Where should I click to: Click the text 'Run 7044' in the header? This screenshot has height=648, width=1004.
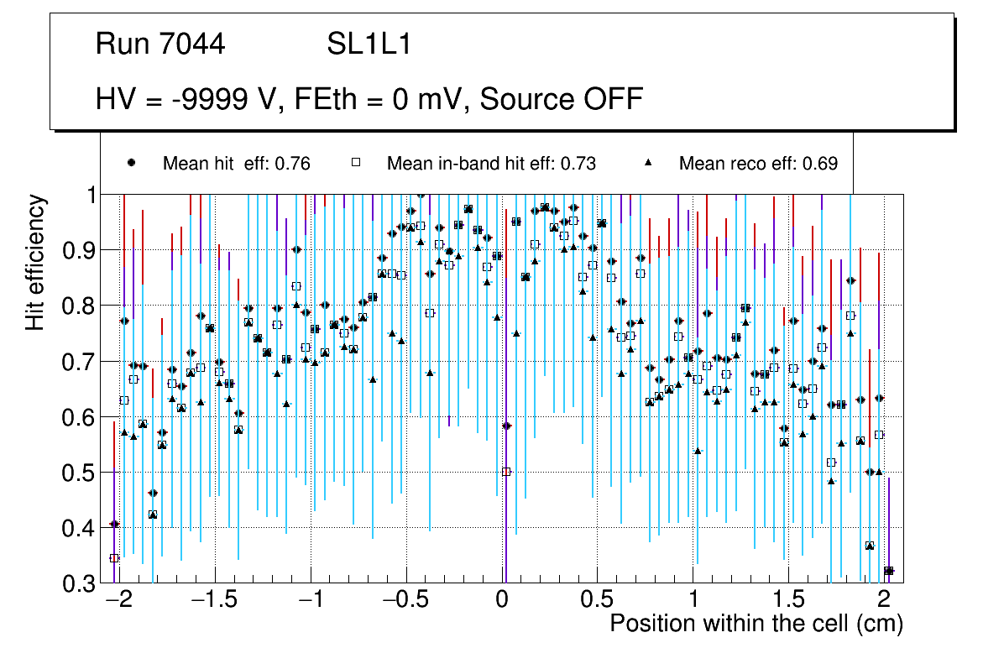click(160, 44)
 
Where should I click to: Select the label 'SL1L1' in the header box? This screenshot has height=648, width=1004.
click(369, 44)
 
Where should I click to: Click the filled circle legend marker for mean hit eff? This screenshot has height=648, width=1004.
click(131, 163)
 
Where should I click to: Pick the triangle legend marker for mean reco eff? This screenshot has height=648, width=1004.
click(648, 163)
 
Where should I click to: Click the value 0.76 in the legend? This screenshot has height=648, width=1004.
click(294, 164)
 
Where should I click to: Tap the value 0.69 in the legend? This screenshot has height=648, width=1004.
click(820, 164)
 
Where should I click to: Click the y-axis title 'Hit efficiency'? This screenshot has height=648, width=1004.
click(36, 262)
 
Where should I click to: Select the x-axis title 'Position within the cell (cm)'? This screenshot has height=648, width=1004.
click(756, 624)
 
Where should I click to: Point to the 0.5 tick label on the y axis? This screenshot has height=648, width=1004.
click(79, 473)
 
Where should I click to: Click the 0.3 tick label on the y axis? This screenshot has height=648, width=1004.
click(79, 584)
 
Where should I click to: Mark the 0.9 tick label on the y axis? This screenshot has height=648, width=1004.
click(79, 250)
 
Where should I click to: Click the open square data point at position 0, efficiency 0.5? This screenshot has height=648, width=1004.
click(506, 472)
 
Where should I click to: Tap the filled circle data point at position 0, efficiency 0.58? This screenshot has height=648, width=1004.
click(506, 426)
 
